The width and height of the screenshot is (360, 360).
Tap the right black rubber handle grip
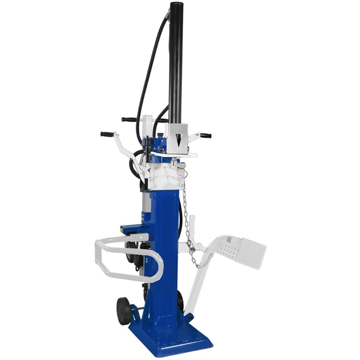[205, 136]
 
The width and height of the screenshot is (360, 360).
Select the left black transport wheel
[124, 311]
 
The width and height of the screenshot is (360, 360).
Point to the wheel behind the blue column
[180, 301]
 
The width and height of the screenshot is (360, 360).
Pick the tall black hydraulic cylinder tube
[176, 62]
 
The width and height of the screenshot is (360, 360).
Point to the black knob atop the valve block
[160, 136]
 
